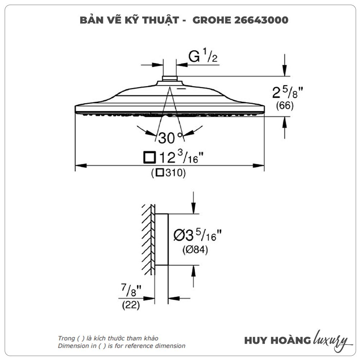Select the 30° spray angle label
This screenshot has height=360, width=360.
point(170,138)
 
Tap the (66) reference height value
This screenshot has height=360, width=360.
point(285,105)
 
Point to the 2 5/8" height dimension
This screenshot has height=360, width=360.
point(287,92)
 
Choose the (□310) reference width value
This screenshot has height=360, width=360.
point(168,173)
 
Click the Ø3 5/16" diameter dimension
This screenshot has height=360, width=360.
point(197,235)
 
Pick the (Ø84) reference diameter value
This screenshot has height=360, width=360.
point(195,249)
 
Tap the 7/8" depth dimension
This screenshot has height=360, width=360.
point(131,290)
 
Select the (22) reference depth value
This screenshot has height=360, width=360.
point(131,305)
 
